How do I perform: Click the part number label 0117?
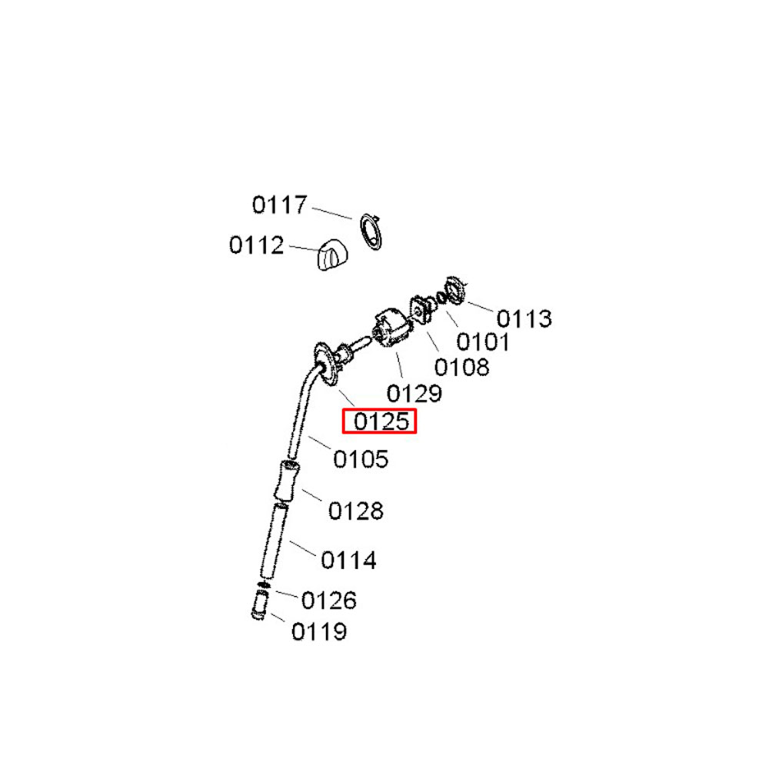tap(280, 205)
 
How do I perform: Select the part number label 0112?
tap(257, 245)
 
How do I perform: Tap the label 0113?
tap(524, 318)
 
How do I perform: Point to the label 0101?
tap(483, 341)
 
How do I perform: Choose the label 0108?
tap(461, 367)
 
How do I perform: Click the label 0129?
tap(414, 393)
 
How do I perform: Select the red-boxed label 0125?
tap(381, 421)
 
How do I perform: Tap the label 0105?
tap(361, 459)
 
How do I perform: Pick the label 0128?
tap(355, 511)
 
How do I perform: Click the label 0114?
tap(348, 560)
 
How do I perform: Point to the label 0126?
tap(328, 601)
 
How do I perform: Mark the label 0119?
tap(319, 631)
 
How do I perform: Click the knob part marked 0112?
tap(331, 255)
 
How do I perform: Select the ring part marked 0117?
tap(371, 232)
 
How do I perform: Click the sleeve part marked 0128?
tap(287, 481)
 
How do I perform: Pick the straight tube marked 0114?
tap(274, 541)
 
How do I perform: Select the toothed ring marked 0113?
tap(454, 291)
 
